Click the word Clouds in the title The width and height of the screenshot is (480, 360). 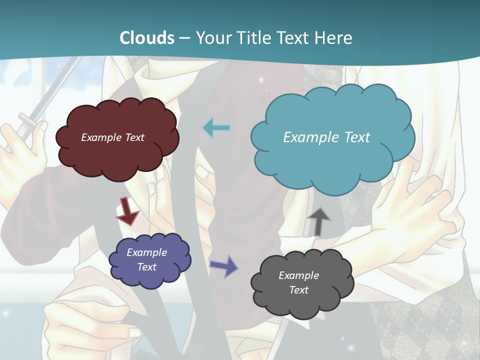click(x=147, y=38)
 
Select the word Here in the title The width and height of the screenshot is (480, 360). click(x=334, y=38)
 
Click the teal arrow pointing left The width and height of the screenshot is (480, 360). click(x=216, y=128)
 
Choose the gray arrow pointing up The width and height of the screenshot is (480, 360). click(x=318, y=221)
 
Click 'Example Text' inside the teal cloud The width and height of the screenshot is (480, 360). click(x=326, y=137)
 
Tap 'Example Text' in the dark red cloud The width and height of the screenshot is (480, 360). click(x=112, y=137)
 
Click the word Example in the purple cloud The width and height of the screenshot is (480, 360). click(x=146, y=252)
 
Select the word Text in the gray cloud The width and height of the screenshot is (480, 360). click(x=298, y=290)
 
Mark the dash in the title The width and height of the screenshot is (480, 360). click(x=184, y=38)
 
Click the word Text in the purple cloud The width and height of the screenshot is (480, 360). click(x=146, y=267)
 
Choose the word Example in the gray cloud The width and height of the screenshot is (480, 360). click(x=298, y=275)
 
